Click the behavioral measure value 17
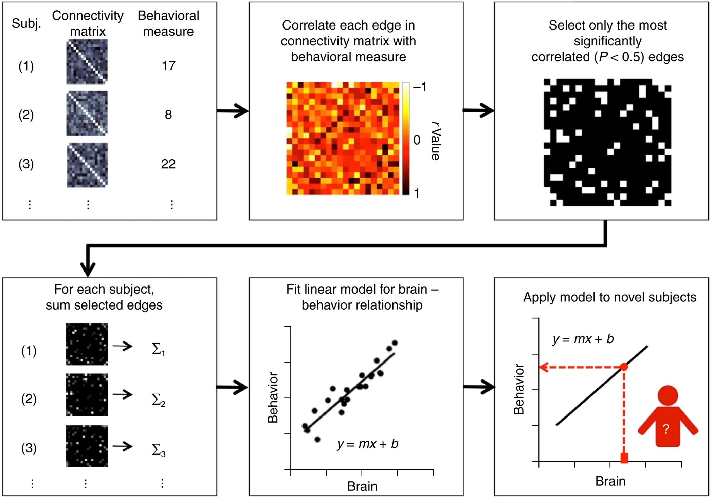pos(168,66)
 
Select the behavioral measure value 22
pos(168,164)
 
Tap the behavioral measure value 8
pos(168,115)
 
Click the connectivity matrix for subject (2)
pos(87,113)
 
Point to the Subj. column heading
pos(26,23)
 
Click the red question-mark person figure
pos(668,417)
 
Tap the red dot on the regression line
pos(624,367)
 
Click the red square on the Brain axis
pos(624,458)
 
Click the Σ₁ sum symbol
pos(158,349)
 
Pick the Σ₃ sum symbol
pos(158,450)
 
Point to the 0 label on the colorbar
pos(417,140)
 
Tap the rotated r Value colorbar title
pos(436,141)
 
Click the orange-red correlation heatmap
pos(343,138)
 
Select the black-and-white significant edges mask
pos(607,143)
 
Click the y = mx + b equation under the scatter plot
pos(368,444)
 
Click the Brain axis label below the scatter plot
pos(362,486)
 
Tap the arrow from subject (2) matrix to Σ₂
pos(123,394)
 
